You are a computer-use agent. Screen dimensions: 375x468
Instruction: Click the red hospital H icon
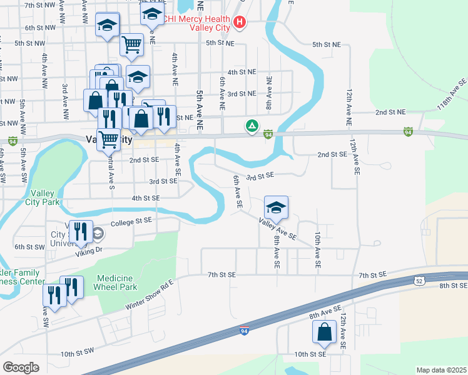239,23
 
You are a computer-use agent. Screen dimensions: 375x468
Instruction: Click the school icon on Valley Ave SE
275,207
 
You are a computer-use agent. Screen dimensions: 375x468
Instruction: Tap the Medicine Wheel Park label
114,282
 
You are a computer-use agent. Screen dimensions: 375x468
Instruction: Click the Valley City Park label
43,197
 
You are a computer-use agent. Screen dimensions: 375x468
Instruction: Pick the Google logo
21,367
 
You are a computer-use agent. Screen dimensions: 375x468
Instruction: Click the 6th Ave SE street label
238,192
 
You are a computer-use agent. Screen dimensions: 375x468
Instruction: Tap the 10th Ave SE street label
317,251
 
